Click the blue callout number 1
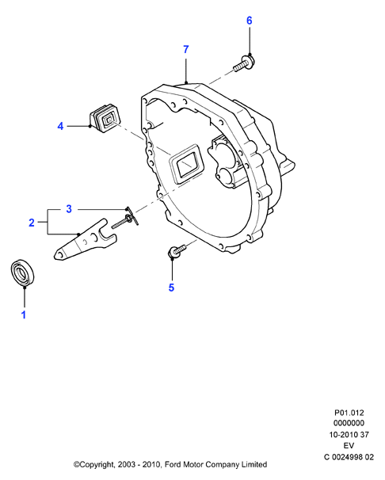click(24, 314)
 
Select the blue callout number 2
click(32, 223)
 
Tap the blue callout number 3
click(69, 209)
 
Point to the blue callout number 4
click(60, 126)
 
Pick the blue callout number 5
click(171, 288)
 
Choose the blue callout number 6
click(250, 21)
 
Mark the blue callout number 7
click(186, 49)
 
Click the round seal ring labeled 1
click(23, 272)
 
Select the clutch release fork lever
click(85, 240)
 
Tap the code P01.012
click(349, 413)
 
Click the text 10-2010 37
click(349, 434)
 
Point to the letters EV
click(349, 445)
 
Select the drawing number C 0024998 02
click(349, 457)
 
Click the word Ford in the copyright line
click(173, 464)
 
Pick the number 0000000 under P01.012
click(349, 423)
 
